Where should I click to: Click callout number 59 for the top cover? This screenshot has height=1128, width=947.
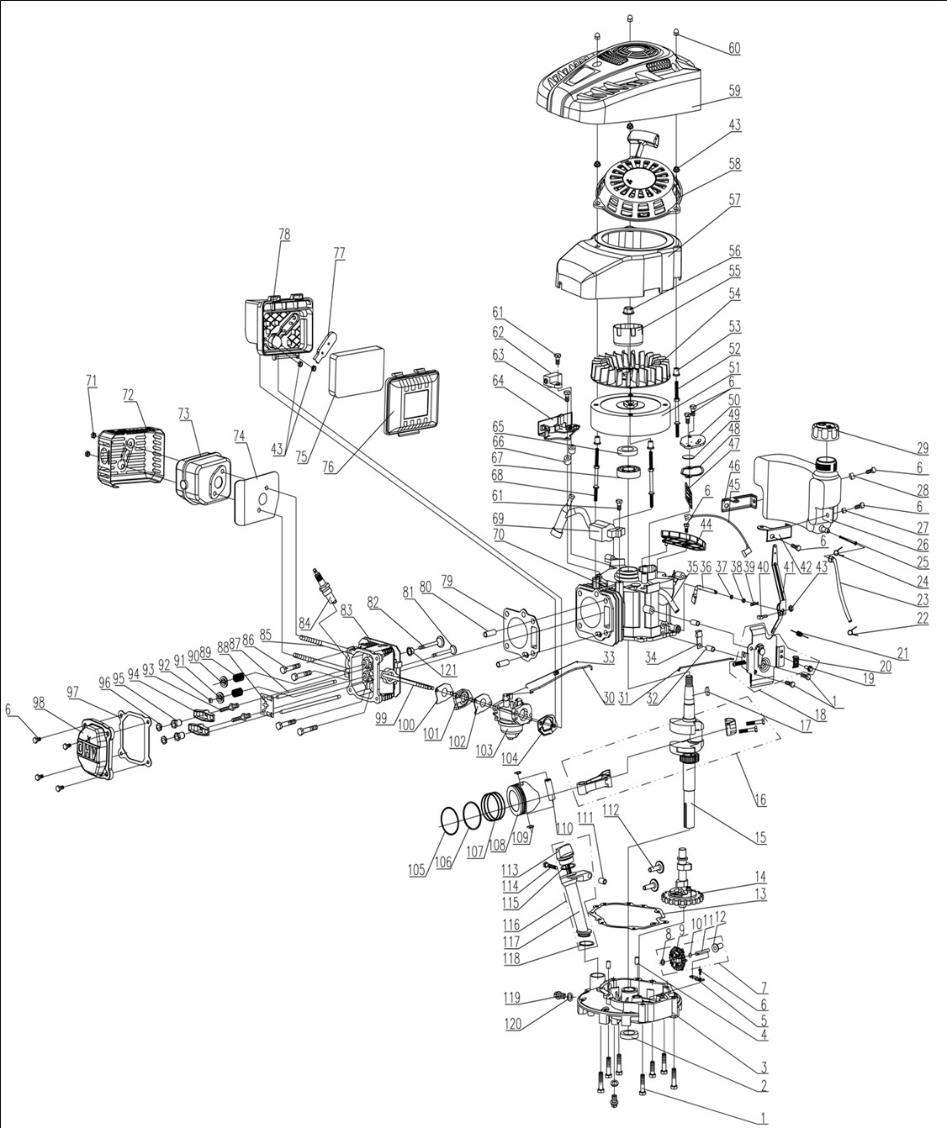tap(735, 91)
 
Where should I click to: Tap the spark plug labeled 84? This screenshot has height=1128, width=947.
tap(319, 581)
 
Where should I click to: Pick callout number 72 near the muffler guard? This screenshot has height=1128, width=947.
tap(128, 394)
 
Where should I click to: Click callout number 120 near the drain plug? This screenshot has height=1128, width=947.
tap(512, 1025)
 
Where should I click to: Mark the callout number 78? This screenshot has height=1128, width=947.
tap(284, 235)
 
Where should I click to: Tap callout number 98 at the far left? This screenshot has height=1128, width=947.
tap(38, 702)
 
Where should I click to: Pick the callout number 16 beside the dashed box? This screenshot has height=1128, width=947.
tap(760, 799)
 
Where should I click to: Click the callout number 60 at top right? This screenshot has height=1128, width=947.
tap(734, 49)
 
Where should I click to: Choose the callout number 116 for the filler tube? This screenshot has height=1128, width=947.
tap(511, 925)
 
